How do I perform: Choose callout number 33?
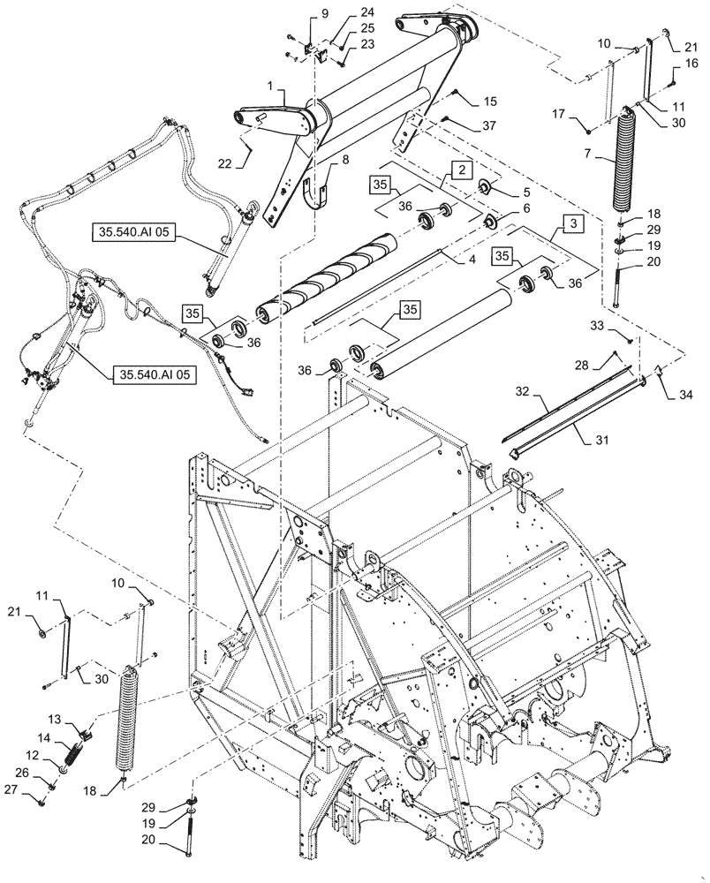point(598,326)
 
